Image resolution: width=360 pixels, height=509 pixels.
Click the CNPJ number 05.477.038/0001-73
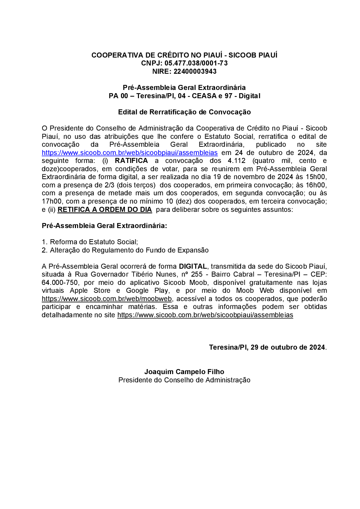pos(196,63)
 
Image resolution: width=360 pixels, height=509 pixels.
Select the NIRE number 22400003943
pos(195,72)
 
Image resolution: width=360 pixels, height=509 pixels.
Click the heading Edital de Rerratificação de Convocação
pos(184,112)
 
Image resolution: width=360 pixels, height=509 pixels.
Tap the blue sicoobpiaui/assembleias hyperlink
pos(130,153)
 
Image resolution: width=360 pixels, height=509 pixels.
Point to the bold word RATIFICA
pos(131,161)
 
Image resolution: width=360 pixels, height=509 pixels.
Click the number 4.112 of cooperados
pos(237,161)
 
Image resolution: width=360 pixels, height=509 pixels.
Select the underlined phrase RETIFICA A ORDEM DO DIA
pos(105,209)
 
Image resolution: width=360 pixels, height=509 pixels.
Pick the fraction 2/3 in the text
pos(109,185)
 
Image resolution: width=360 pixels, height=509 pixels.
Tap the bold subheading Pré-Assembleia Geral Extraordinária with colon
pos(104,226)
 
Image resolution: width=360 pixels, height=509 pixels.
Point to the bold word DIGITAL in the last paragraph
pos(193,267)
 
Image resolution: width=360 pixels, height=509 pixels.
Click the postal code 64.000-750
pos(60,283)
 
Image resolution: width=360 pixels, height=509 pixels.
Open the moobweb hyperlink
pos(107,299)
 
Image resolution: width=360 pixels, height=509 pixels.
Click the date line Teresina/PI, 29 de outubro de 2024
pos(267,347)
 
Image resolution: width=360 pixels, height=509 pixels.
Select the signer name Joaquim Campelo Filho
pos(184,372)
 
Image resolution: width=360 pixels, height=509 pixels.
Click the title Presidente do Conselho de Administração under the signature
pos(184,380)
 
